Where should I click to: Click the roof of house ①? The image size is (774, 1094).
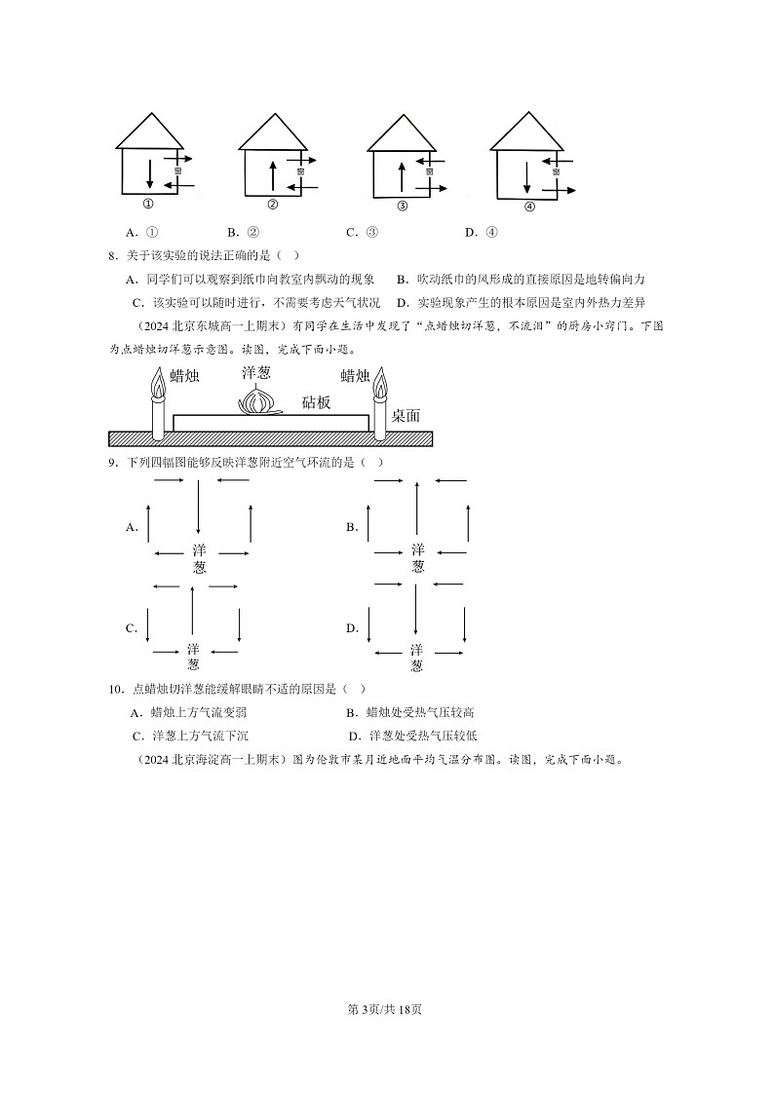coord(149,132)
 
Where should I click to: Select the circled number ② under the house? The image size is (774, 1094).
coord(272,205)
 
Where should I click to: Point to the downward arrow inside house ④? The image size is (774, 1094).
coord(526,175)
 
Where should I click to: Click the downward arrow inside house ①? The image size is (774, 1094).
coord(149,173)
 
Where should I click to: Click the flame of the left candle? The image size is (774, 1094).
coord(157,385)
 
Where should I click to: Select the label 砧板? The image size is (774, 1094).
coord(316,401)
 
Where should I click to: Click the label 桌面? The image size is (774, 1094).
coord(406,415)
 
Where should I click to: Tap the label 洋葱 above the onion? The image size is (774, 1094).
coord(256,372)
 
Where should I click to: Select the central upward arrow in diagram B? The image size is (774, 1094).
coord(417,508)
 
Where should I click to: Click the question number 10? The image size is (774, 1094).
coord(116,689)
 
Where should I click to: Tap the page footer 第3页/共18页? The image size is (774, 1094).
coord(386,1009)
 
